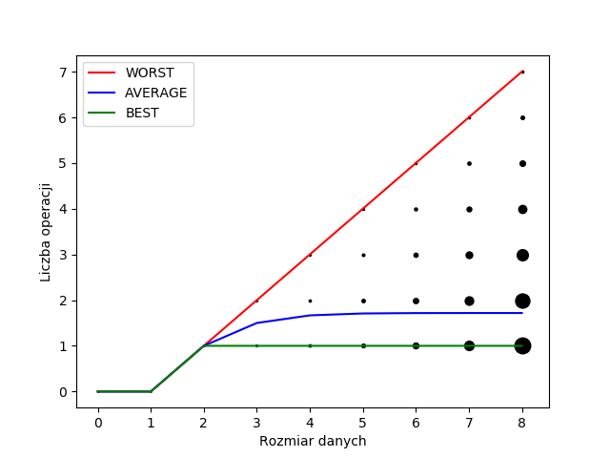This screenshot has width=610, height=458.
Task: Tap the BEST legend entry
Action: click(143, 113)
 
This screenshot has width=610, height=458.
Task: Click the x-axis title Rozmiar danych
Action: click(313, 441)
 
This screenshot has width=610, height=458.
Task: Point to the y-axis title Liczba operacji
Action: click(46, 232)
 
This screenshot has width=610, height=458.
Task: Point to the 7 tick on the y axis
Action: click(64, 73)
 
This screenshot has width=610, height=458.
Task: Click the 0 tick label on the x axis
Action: click(98, 422)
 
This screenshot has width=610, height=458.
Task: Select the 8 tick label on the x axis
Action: click(522, 422)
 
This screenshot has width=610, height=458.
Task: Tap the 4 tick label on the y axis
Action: click(64, 209)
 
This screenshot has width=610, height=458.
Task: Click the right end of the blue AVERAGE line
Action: click(522, 313)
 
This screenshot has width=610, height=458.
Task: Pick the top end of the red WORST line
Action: click(522, 72)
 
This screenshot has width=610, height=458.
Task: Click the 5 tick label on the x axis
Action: click(363, 422)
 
